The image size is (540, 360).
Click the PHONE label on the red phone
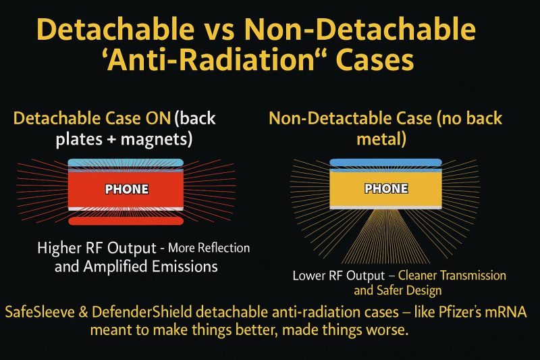click(x=126, y=188)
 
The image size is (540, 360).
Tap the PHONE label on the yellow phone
click(x=385, y=188)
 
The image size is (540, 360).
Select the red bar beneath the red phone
click(x=126, y=220)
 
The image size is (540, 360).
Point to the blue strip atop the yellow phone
click(x=385, y=163)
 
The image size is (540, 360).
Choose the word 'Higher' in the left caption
click(x=59, y=248)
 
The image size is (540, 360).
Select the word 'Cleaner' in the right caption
click(x=421, y=276)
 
